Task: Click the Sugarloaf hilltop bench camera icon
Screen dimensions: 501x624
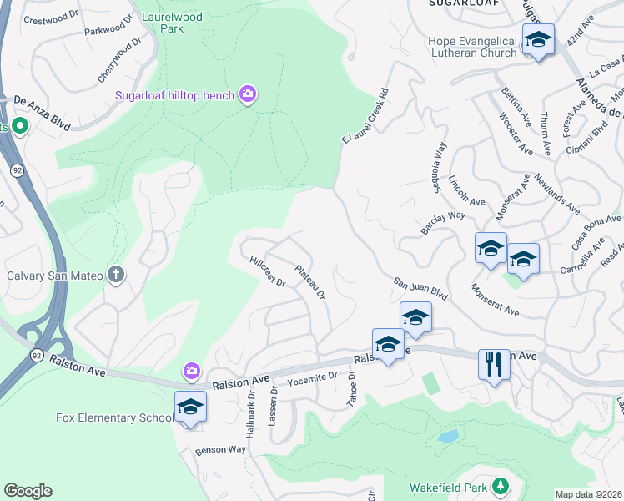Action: click(x=247, y=94)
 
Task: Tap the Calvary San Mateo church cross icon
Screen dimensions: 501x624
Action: click(x=116, y=275)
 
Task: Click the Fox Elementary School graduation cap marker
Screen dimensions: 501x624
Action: click(x=190, y=407)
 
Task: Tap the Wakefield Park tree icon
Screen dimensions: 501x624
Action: click(x=500, y=486)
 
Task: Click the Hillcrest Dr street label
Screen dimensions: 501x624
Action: click(x=268, y=271)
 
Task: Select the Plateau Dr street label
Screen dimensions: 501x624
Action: click(x=309, y=281)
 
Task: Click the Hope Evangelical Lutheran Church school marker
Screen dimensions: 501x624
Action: click(x=538, y=40)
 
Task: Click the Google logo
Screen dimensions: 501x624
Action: click(x=28, y=491)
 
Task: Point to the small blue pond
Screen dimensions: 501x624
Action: click(x=447, y=436)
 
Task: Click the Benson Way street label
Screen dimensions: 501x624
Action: click(x=220, y=449)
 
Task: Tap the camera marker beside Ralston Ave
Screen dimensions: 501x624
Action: click(x=192, y=370)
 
